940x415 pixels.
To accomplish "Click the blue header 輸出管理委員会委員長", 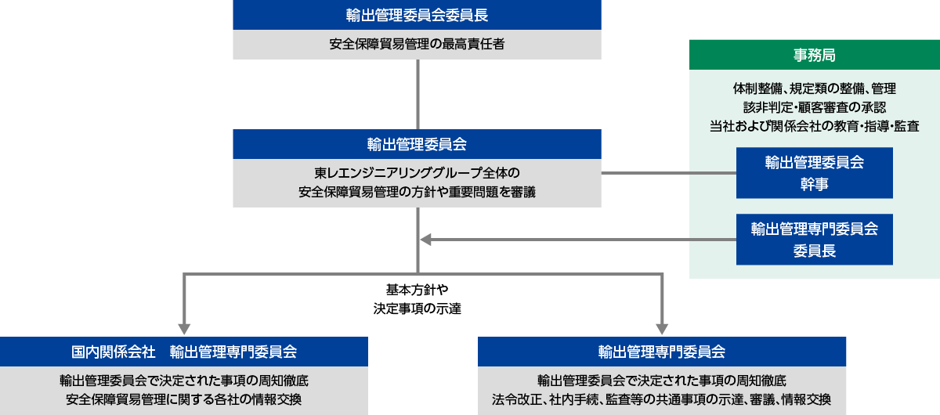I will tap(417, 15).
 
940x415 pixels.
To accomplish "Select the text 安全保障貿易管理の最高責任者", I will tap(417, 45).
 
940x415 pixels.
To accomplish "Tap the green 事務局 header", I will tap(814, 55).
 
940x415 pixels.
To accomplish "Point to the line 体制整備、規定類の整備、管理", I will tap(814, 88).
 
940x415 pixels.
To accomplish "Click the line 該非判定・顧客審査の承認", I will tap(814, 106).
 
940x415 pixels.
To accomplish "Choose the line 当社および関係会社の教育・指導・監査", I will tap(814, 125).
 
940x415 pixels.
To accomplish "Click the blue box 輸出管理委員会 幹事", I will tap(814, 173).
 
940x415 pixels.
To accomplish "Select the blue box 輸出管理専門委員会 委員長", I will tap(814, 239).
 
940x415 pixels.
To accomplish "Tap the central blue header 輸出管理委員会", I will tap(417, 145).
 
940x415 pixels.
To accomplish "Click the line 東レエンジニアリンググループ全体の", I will tap(417, 171).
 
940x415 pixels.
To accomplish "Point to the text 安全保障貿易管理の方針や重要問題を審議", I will tap(417, 190).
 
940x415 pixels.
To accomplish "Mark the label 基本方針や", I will tap(417, 289).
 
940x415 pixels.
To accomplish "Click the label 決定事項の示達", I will tap(417, 308).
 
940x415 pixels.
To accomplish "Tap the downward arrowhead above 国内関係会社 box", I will tap(185, 327).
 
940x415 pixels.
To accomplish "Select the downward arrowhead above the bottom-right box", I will tap(662, 327).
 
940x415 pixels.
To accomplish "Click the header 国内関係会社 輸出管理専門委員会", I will tap(184, 352).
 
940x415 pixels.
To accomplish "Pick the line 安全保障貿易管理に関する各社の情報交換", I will tap(184, 399).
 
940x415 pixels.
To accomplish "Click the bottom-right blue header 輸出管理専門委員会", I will tap(662, 352).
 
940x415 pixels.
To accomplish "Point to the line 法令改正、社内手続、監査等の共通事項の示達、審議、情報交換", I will tap(662, 399).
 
